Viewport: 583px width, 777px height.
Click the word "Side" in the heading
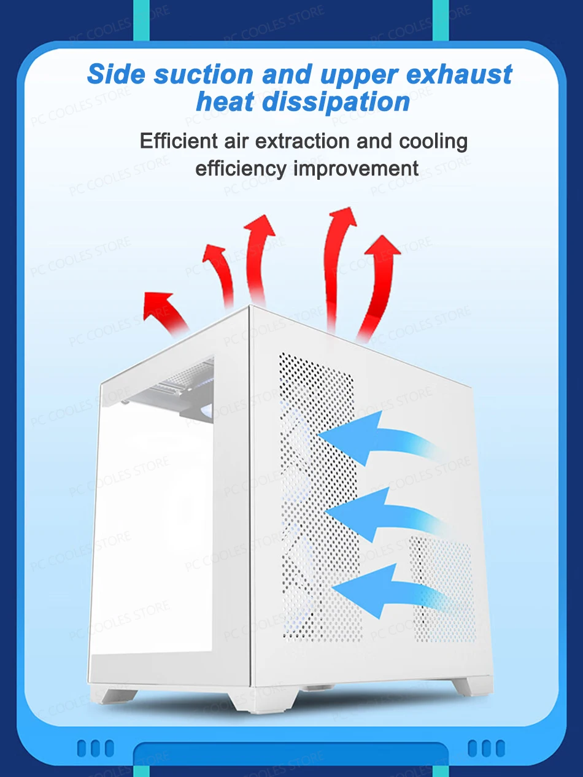tap(116, 74)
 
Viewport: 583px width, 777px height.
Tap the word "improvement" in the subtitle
tap(356, 168)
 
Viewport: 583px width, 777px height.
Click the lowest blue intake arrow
tap(387, 589)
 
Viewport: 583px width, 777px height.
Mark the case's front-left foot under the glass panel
tap(120, 695)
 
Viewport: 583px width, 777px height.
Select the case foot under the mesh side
tap(463, 686)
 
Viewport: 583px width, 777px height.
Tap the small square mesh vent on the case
tap(442, 589)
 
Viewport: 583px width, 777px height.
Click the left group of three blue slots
tap(95, 748)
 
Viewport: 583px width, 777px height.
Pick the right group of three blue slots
tap(487, 748)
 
